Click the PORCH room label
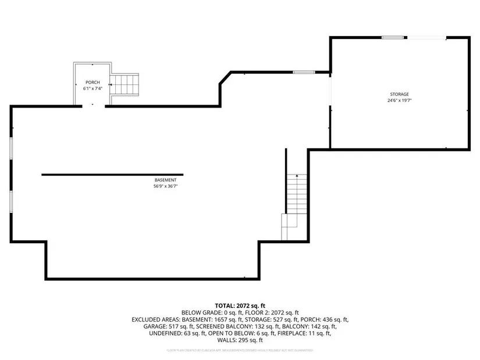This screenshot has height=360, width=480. pyautogui.click(x=92, y=83)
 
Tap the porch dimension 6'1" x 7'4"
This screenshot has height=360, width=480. pyautogui.click(x=92, y=89)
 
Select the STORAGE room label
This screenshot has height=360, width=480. pyautogui.click(x=399, y=94)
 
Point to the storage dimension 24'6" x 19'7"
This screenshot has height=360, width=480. pyautogui.click(x=399, y=100)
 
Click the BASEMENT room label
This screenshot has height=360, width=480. pyautogui.click(x=165, y=180)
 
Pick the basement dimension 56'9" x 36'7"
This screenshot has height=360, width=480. pyautogui.click(x=165, y=187)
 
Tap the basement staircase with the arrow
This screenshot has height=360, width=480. pyautogui.click(x=297, y=198)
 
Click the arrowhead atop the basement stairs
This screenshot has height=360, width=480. pyautogui.click(x=297, y=176)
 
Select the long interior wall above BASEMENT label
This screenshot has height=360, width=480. pyautogui.click(x=112, y=174)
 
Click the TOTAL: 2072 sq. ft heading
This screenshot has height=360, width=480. pyautogui.click(x=240, y=305)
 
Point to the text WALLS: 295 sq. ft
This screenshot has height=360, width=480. pyautogui.click(x=240, y=340)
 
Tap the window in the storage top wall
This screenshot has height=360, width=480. pyautogui.click(x=393, y=38)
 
